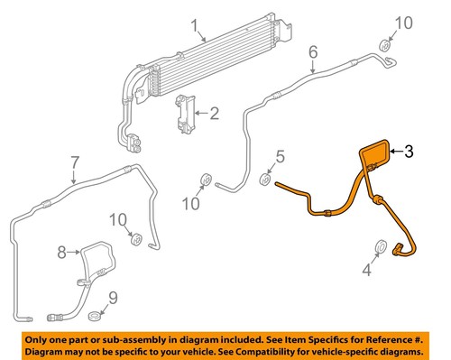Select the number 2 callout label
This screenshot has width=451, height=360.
(x=215, y=114)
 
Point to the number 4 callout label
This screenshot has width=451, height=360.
(x=366, y=269)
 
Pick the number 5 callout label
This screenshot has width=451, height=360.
(x=280, y=159)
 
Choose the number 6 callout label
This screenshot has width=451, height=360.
(x=313, y=51)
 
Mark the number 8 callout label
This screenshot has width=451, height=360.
(x=62, y=251)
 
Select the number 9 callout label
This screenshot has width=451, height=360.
(x=112, y=298)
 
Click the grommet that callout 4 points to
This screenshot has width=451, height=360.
(x=380, y=245)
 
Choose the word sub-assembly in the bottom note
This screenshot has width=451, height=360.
(x=130, y=336)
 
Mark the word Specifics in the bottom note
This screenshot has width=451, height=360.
(x=318, y=336)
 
